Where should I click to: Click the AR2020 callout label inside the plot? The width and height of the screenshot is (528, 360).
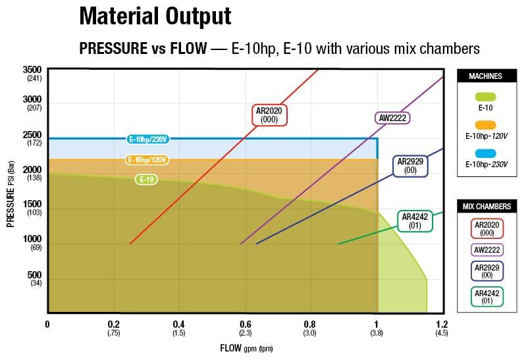click(x=269, y=115)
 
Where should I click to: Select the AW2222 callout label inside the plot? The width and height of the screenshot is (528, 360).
click(x=392, y=118)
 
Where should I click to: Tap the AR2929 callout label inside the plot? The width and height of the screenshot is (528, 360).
click(x=410, y=165)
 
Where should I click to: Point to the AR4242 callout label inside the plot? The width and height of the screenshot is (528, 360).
click(x=415, y=220)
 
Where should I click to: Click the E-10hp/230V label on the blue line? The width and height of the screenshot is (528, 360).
click(x=148, y=139)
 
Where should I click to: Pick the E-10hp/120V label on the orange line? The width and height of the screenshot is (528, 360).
click(x=146, y=160)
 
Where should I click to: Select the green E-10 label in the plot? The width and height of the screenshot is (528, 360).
click(x=146, y=179)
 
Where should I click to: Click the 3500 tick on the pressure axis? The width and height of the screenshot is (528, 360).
click(x=32, y=70)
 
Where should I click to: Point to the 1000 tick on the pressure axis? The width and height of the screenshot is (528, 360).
click(x=32, y=239)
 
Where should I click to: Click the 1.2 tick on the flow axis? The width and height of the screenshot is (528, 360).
click(x=442, y=324)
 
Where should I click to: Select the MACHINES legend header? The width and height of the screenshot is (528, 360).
click(x=485, y=76)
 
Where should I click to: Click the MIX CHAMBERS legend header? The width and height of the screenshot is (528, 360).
click(x=485, y=207)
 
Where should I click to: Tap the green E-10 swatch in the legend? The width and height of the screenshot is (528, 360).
click(x=485, y=96)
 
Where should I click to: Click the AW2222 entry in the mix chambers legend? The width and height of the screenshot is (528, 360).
click(x=487, y=249)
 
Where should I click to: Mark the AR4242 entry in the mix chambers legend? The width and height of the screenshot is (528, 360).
click(x=487, y=297)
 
